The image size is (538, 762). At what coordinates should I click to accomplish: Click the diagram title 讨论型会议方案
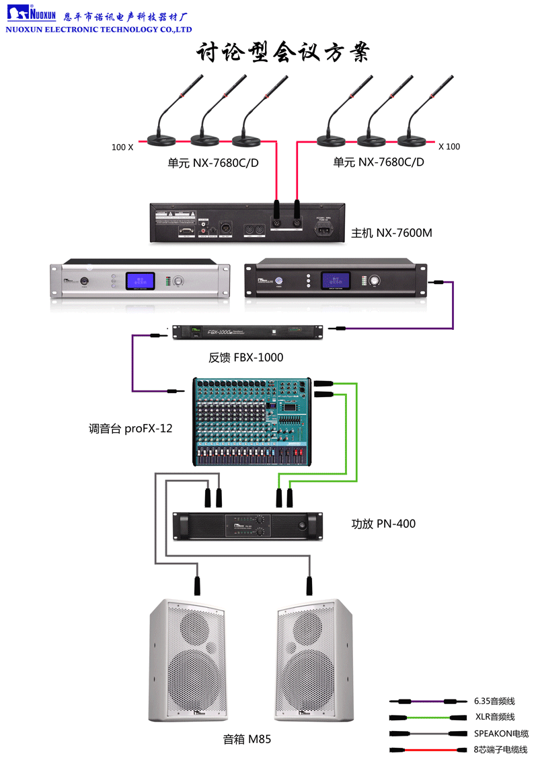[x=282, y=53]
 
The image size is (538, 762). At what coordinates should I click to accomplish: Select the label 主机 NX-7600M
[x=391, y=234]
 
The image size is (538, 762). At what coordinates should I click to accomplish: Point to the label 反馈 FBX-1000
[x=246, y=357]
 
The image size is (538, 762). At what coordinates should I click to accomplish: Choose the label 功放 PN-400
[x=383, y=523]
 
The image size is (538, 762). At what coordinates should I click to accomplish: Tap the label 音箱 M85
[x=247, y=739]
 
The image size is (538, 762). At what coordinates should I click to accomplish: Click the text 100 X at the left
[x=122, y=146]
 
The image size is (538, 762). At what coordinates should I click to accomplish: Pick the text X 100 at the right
[x=449, y=146]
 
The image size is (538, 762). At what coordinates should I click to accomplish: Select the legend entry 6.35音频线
[x=494, y=701]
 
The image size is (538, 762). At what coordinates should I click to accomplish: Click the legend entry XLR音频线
[x=494, y=717]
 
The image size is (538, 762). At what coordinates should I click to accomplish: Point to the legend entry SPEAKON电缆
[x=501, y=733]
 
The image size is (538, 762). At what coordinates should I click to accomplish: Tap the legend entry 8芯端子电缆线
[x=500, y=749]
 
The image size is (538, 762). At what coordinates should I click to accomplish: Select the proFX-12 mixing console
[x=252, y=421]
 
